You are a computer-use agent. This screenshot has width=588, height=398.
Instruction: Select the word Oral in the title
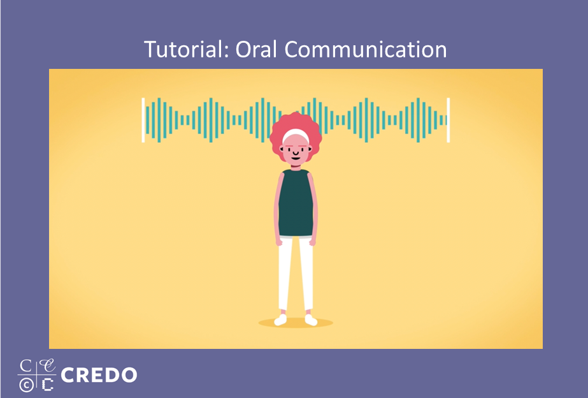click(x=256, y=49)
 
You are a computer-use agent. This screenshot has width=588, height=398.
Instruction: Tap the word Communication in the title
click(x=366, y=49)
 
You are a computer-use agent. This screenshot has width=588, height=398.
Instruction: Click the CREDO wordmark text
click(x=99, y=375)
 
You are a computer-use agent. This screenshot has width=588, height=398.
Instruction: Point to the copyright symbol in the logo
click(x=26, y=385)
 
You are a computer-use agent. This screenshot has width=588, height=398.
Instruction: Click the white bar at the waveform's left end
click(x=143, y=120)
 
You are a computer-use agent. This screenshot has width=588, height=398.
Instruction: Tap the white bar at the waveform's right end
click(x=448, y=120)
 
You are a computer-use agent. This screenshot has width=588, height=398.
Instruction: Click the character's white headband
click(x=296, y=135)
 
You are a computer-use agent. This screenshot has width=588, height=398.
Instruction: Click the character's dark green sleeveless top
click(x=296, y=203)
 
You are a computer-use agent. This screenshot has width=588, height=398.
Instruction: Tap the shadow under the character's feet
click(x=296, y=323)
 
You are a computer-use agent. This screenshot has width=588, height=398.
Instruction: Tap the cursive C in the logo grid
click(x=48, y=365)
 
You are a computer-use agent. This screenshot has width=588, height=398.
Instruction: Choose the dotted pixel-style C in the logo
click(x=47, y=385)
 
